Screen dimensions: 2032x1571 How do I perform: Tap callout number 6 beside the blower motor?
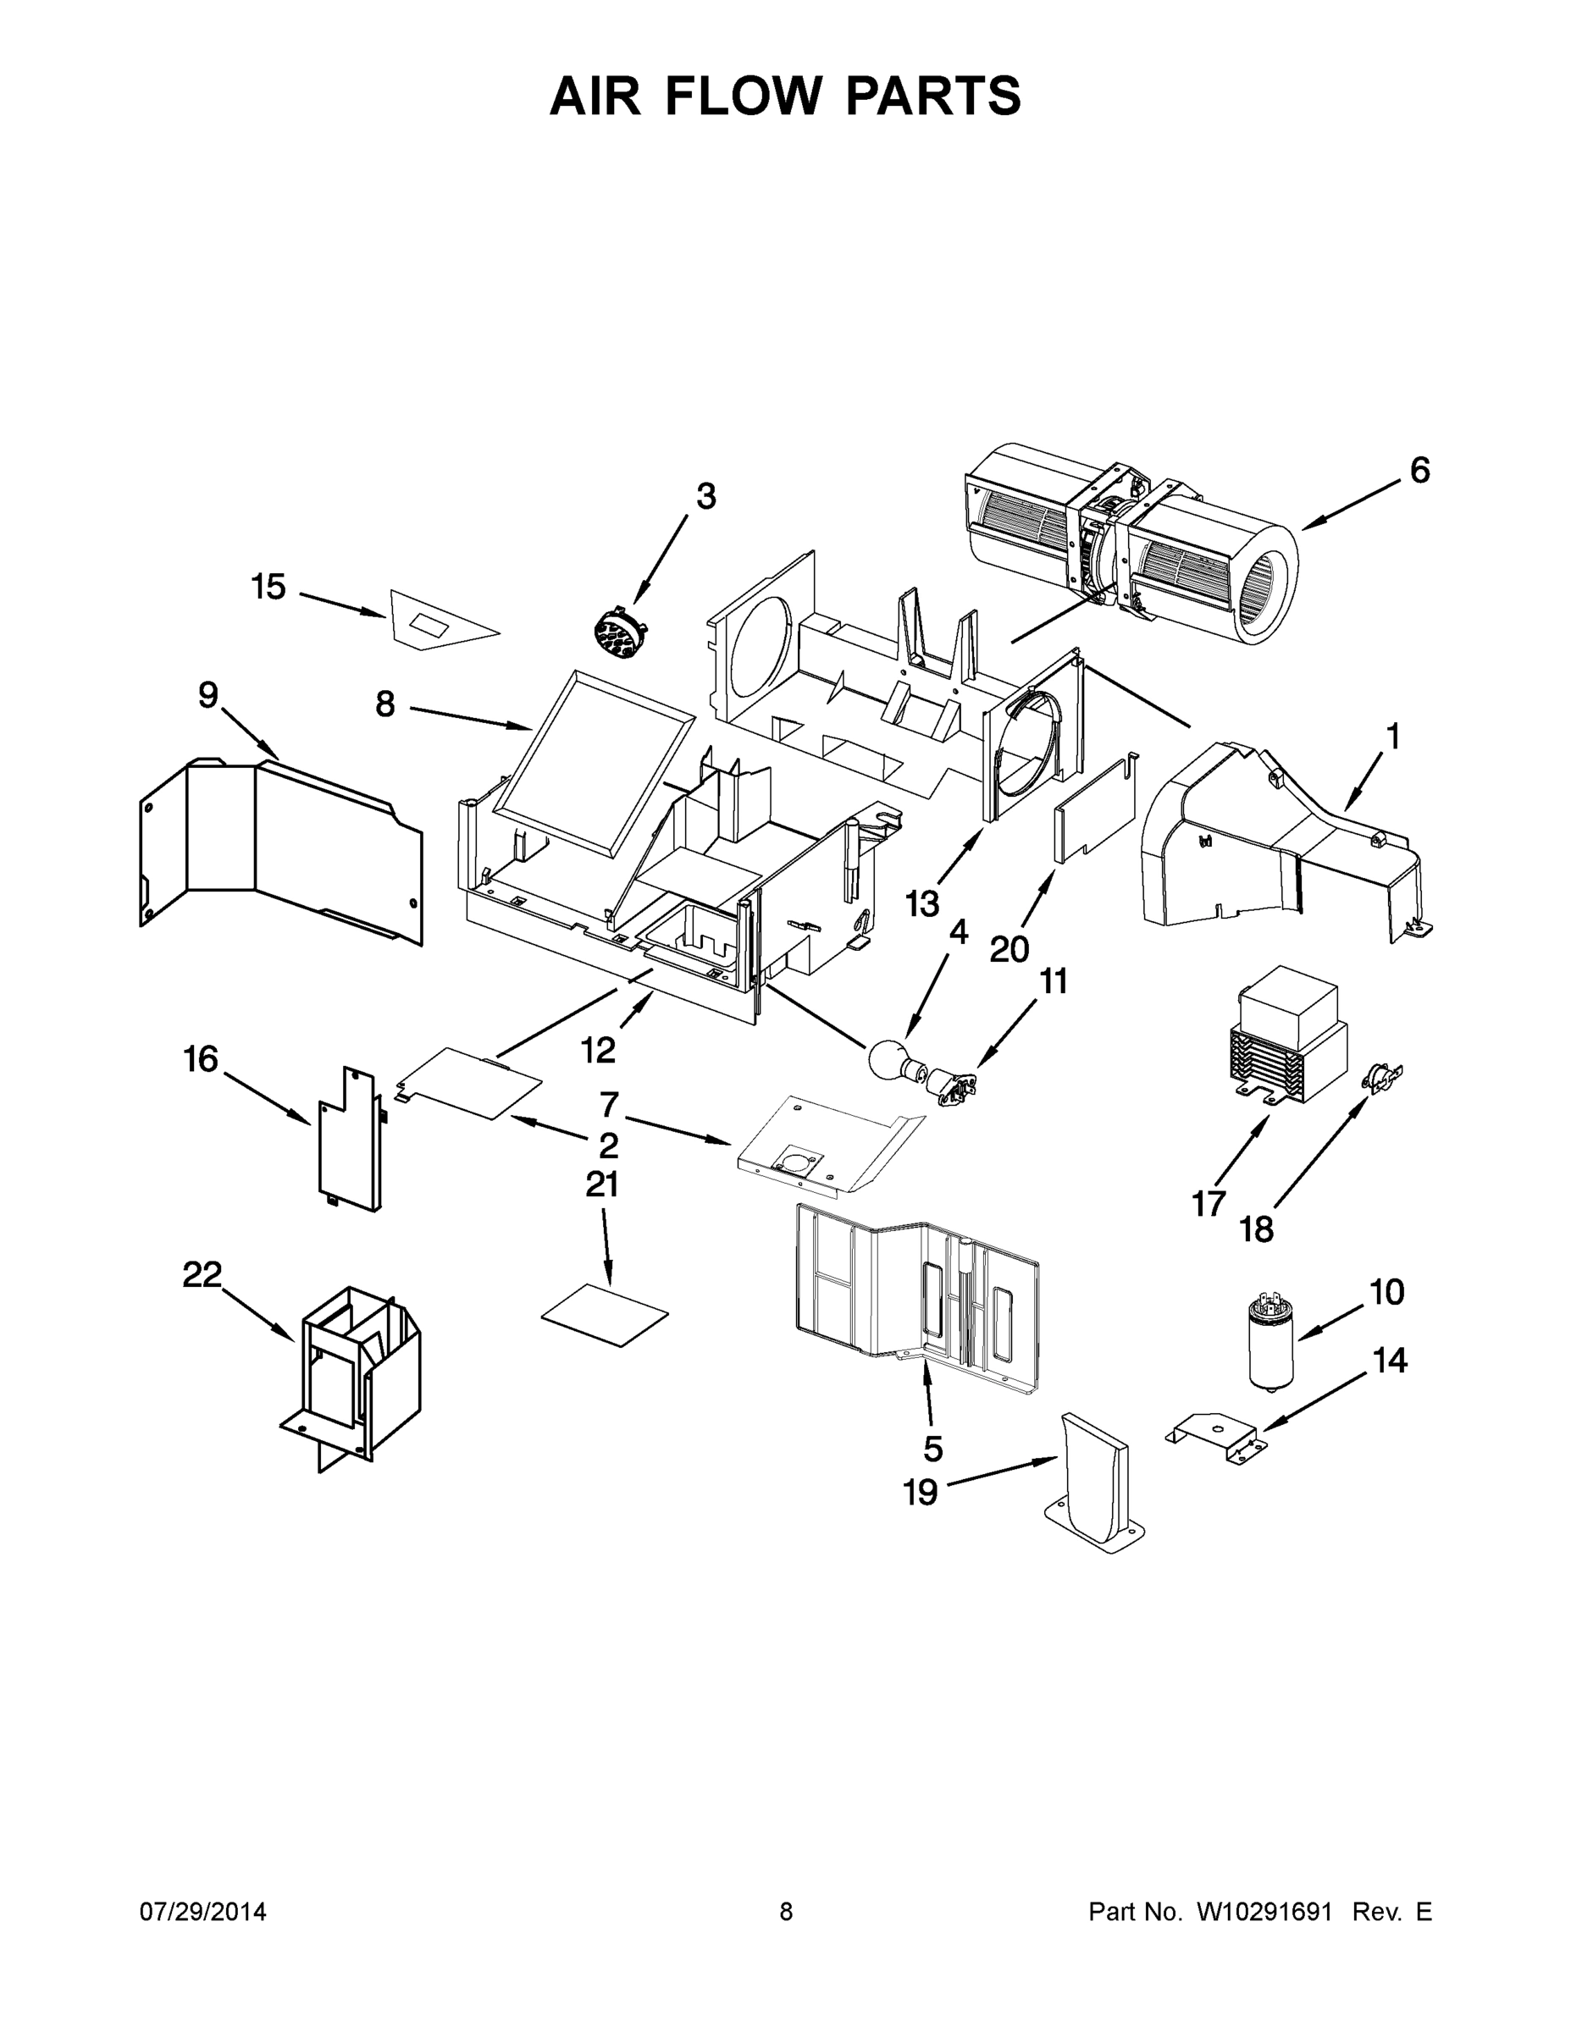1419,471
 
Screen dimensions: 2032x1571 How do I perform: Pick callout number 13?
922,903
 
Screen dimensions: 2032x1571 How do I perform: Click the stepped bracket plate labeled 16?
349,1142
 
